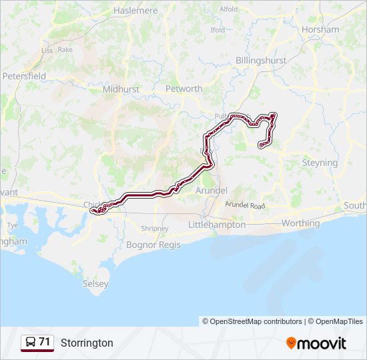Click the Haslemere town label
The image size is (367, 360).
click(x=135, y=11)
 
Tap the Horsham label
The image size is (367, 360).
click(x=320, y=29)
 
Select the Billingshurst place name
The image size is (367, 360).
click(x=261, y=60)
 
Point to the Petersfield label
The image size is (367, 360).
click(x=24, y=76)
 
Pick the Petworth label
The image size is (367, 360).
click(x=183, y=89)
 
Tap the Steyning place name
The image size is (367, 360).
click(x=320, y=163)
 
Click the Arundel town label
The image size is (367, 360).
click(x=212, y=191)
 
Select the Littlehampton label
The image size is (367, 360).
click(x=217, y=225)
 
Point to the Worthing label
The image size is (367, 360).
click(x=301, y=223)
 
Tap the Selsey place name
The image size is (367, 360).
click(x=95, y=283)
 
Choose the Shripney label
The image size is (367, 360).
click(x=155, y=229)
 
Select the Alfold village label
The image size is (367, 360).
click(x=228, y=9)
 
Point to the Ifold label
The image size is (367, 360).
click(x=218, y=30)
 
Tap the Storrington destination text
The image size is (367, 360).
click(x=87, y=343)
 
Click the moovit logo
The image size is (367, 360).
click(x=316, y=343)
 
